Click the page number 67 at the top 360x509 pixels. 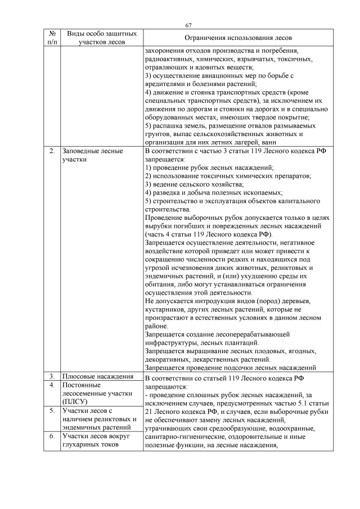[x=188, y=25]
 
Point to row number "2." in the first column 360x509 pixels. [x=52, y=151]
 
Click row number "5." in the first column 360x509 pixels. [x=52, y=411]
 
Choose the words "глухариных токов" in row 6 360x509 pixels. [x=92, y=445]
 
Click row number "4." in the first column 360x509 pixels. [x=52, y=385]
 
